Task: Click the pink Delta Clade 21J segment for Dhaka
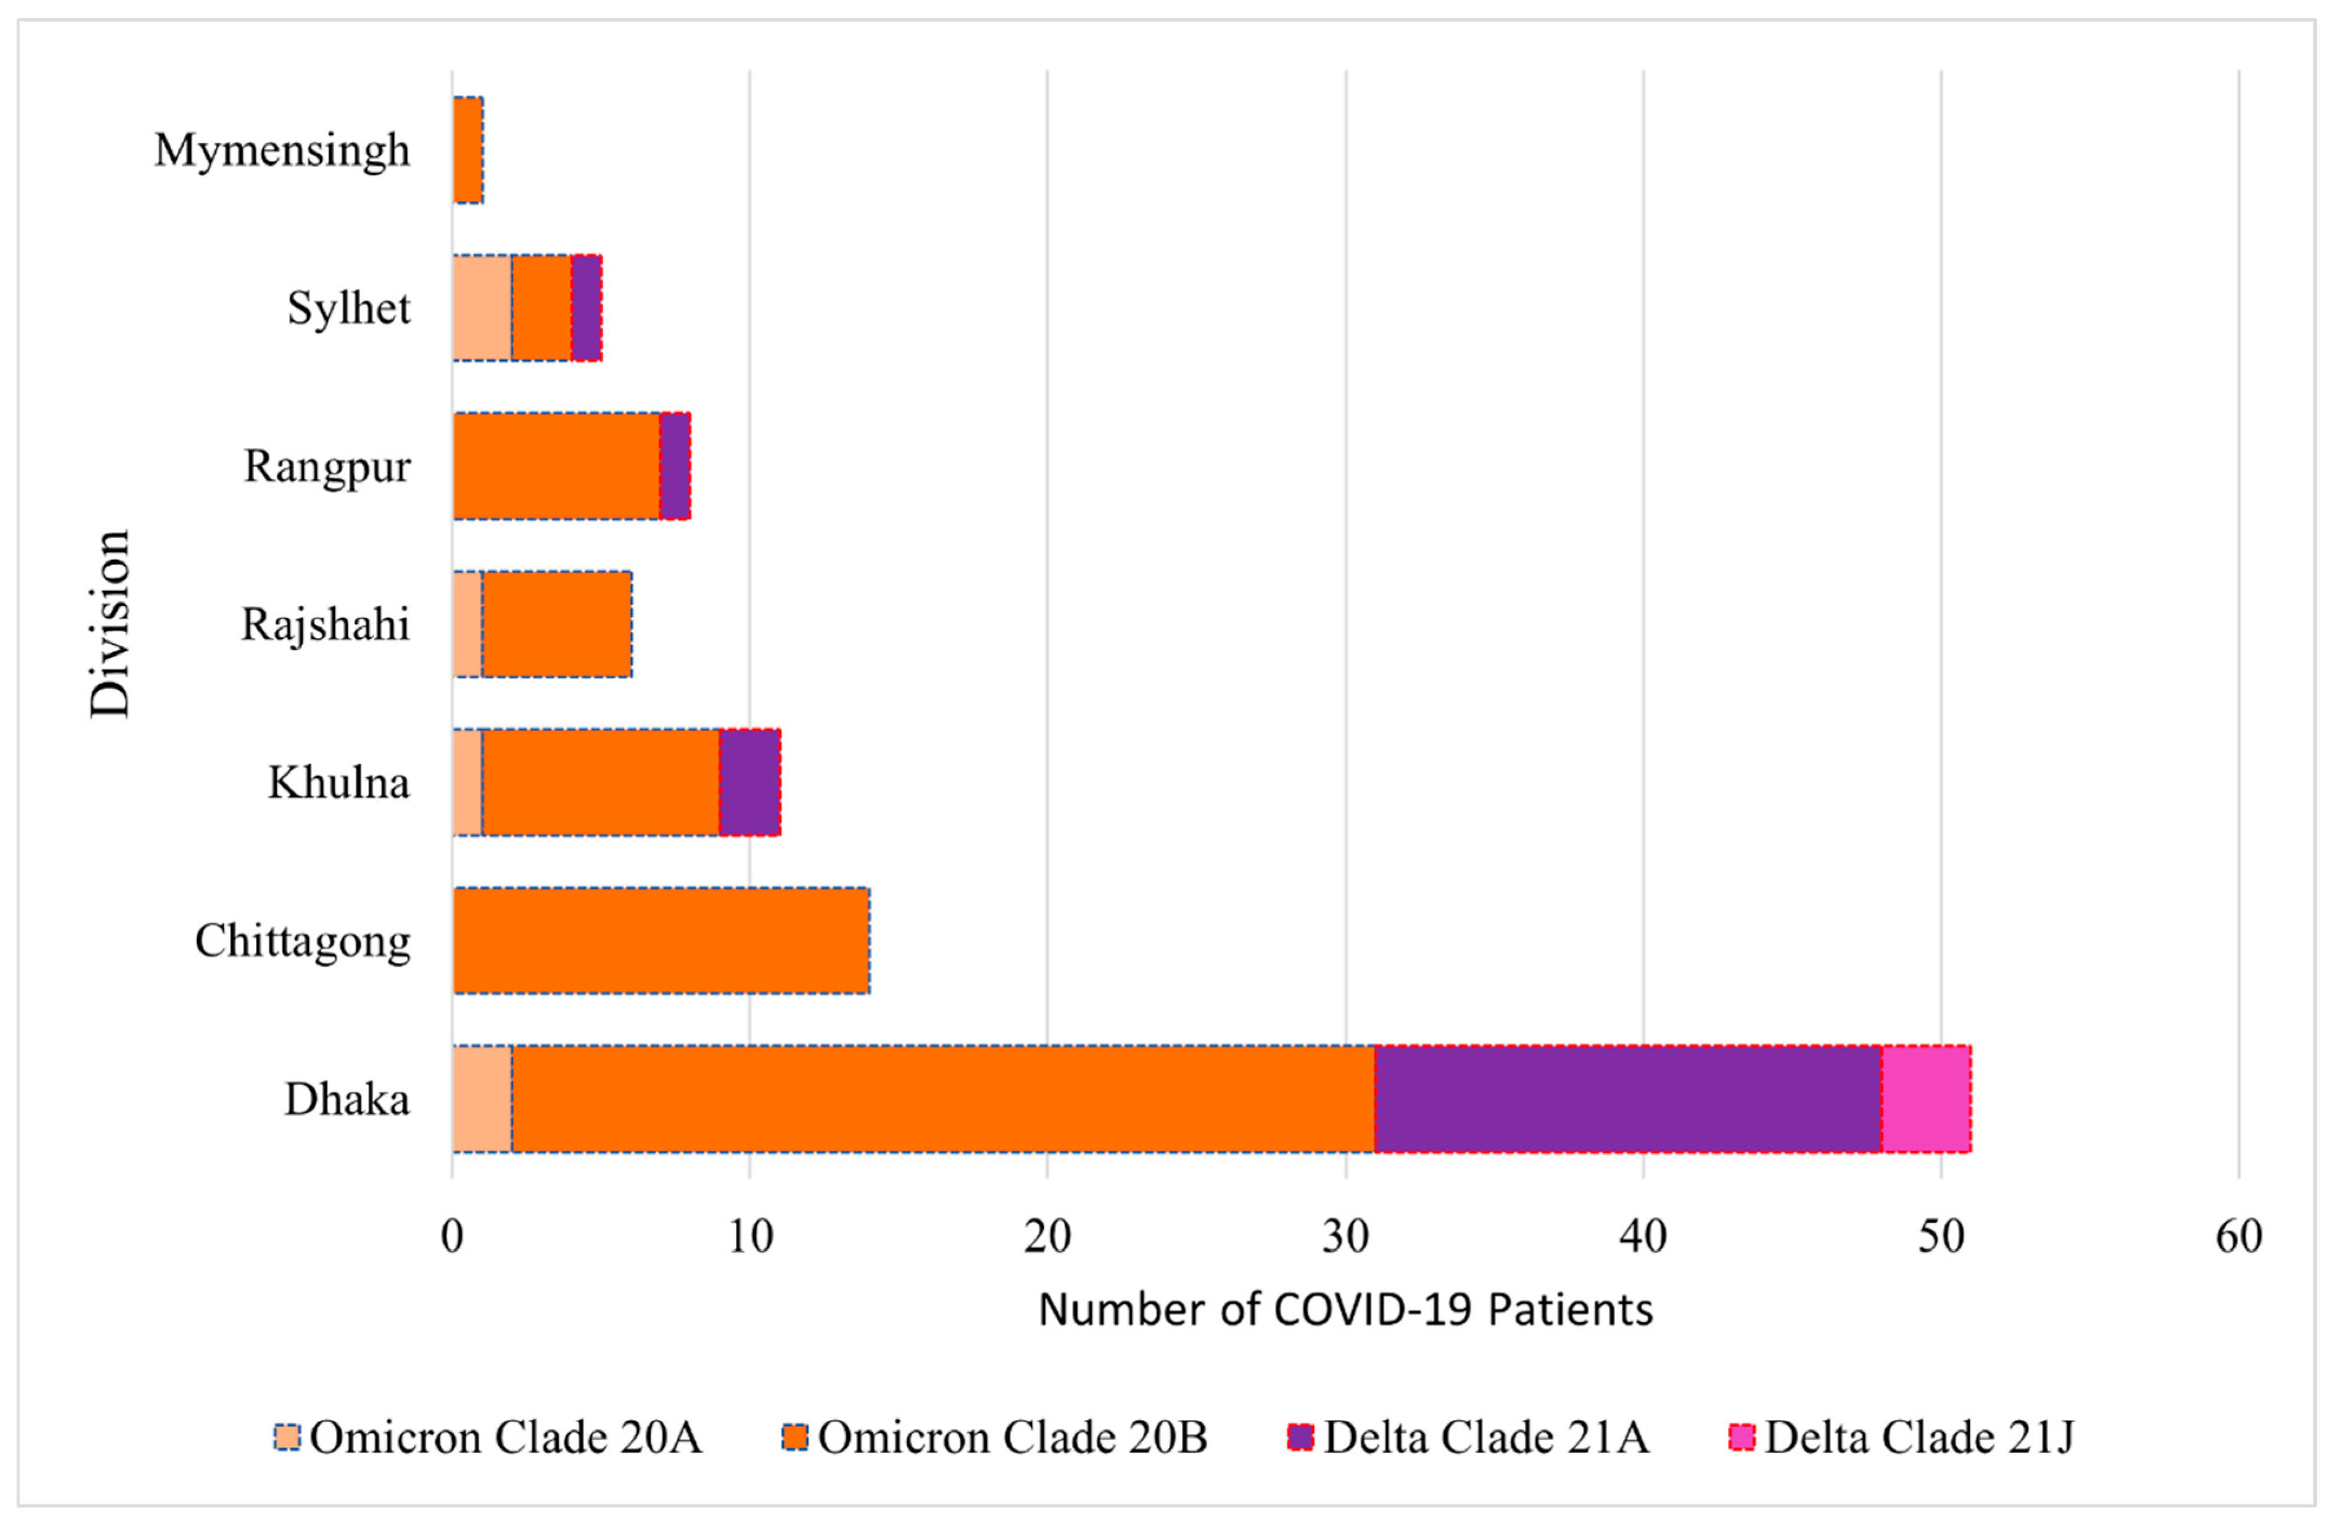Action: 1925,1099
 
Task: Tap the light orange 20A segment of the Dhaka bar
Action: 482,1099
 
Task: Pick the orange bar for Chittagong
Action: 661,940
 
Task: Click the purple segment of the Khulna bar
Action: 749,782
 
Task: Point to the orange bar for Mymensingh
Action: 468,150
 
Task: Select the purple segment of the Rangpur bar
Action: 675,466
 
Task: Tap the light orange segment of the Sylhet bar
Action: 482,308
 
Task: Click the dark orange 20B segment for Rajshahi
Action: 556,624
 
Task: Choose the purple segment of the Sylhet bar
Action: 586,308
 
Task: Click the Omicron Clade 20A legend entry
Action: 488,1438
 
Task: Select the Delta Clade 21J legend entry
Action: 1902,1438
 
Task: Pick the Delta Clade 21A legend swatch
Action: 1300,1438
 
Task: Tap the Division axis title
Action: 110,624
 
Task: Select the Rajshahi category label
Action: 326,624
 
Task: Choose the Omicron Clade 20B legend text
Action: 1012,1438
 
